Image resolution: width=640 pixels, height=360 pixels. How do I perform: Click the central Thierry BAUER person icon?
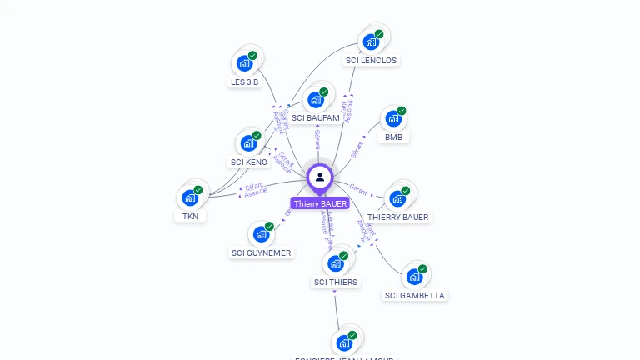pyautogui.click(x=320, y=177)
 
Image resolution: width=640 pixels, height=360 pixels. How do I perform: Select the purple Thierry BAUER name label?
pyautogui.click(x=320, y=203)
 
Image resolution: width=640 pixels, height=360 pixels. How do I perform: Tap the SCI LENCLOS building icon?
pyautogui.click(x=371, y=42)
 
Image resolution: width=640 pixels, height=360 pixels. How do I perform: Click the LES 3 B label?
pyautogui.click(x=245, y=82)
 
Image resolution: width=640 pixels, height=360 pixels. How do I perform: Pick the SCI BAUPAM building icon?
pyautogui.click(x=315, y=100)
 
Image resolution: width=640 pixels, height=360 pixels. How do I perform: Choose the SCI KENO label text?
pyautogui.click(x=249, y=162)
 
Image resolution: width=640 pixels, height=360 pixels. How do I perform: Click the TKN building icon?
pyautogui.click(x=190, y=198)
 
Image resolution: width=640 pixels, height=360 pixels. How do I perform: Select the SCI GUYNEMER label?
pyautogui.click(x=262, y=252)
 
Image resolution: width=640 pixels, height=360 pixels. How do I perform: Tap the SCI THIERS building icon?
pyautogui.click(x=335, y=264)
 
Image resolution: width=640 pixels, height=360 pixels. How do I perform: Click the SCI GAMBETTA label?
pyautogui.click(x=415, y=295)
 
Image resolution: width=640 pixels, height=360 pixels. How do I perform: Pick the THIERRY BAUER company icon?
pyautogui.click(x=397, y=198)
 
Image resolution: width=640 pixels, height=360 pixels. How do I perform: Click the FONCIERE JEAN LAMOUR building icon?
pyautogui.click(x=343, y=342)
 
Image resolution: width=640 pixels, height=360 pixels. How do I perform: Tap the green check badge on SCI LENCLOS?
pyautogui.click(x=379, y=34)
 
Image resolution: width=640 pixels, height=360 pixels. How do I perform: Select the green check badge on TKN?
pyautogui.click(x=198, y=190)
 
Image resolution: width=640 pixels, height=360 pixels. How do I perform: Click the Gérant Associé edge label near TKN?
pyautogui.click(x=256, y=190)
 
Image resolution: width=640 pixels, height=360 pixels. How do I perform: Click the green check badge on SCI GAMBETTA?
pyautogui.click(x=422, y=269)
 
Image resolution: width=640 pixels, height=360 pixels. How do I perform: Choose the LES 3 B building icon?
pyautogui.click(x=244, y=63)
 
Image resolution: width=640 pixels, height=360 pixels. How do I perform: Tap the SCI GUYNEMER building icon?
pyautogui.click(x=261, y=234)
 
